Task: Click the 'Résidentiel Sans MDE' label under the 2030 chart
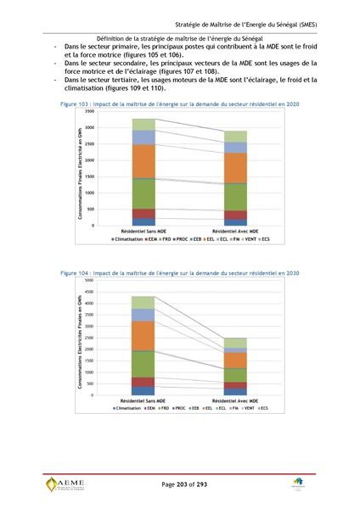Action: click(x=143, y=400)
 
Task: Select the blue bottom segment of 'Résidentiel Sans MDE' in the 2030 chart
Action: click(x=143, y=391)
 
